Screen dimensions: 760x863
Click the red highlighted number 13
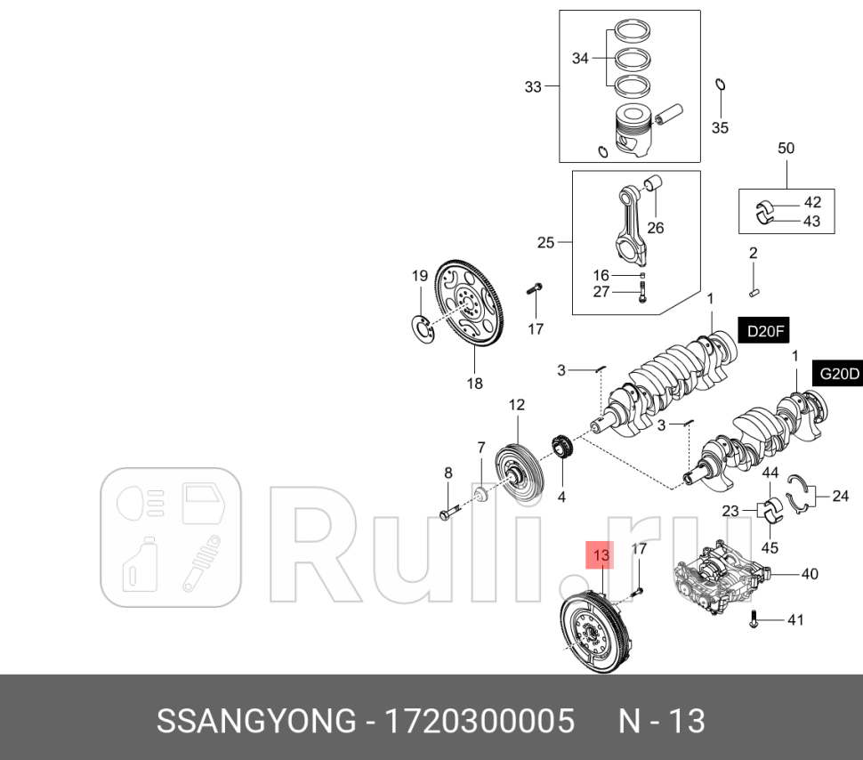tap(601, 556)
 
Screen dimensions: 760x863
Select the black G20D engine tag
tap(838, 375)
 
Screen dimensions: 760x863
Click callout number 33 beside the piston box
tap(533, 86)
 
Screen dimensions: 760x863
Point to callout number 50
tap(786, 149)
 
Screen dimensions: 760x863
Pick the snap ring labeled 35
tap(720, 85)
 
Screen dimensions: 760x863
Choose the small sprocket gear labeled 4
tap(561, 448)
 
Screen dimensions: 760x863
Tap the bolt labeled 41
tap(754, 620)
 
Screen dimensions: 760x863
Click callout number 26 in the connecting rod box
tap(656, 228)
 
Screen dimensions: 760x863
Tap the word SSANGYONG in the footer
tap(255, 721)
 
